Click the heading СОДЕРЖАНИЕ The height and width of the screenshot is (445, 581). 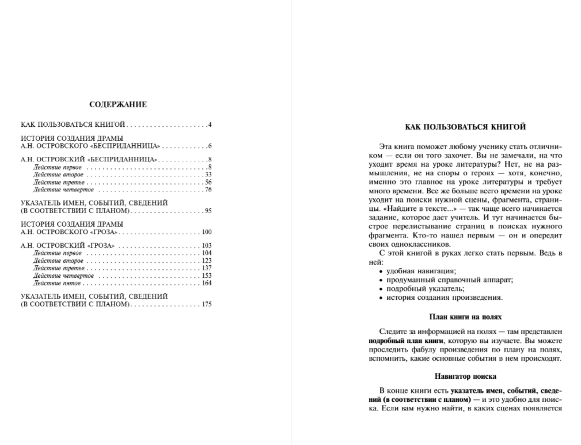point(118,104)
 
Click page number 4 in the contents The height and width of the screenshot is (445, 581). point(210,125)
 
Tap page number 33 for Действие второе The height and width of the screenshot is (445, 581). point(208,174)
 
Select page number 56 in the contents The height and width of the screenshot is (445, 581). point(208,182)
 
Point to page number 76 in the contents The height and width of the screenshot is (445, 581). point(208,189)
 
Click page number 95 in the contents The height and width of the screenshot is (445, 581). point(208,210)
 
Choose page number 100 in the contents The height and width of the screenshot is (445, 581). point(207,232)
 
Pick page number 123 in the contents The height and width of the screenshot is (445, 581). point(207,261)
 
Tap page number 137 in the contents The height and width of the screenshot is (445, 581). point(207,268)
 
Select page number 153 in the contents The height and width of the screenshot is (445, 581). point(207,276)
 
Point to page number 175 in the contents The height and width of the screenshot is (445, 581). point(207,304)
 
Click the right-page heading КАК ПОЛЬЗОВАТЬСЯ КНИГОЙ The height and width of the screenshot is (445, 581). point(465,127)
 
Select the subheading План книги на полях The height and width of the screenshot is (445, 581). point(465,316)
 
